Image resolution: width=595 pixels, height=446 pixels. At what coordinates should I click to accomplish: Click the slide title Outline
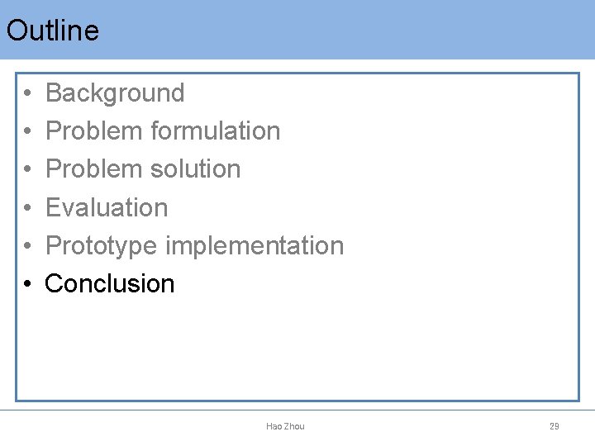point(52,31)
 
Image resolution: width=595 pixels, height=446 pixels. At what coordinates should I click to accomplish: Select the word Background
point(115,93)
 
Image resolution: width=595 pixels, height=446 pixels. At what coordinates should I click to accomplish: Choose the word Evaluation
point(107,207)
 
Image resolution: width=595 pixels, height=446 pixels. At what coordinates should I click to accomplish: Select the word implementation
point(255,245)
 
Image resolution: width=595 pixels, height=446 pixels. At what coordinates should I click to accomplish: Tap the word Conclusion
point(110,283)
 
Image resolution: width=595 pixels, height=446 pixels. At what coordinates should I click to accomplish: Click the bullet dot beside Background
point(27,94)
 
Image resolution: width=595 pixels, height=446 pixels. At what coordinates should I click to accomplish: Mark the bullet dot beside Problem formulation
point(27,132)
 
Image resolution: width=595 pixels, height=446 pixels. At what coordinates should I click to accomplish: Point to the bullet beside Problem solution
point(27,170)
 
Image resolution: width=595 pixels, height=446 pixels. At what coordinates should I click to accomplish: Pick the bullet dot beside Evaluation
point(27,208)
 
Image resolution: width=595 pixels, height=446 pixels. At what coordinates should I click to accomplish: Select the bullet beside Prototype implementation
point(27,246)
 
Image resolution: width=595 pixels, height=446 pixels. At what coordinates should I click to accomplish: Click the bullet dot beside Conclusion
point(27,284)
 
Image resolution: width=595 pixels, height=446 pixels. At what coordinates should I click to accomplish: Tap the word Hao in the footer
point(274,426)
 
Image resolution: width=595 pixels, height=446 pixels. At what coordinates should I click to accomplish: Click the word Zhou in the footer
point(294,426)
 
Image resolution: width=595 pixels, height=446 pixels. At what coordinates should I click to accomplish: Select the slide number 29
point(555,426)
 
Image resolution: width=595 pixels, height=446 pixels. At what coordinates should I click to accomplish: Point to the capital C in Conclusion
point(54,283)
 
